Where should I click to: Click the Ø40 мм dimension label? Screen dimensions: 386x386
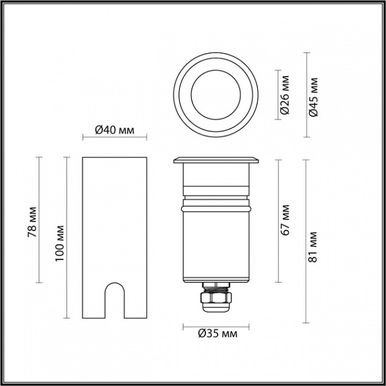point(114,130)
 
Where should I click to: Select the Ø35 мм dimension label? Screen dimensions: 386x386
point(217,334)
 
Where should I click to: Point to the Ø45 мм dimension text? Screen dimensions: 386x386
point(314,95)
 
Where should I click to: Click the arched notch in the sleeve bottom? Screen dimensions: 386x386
point(115,302)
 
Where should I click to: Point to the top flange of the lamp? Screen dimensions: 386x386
point(216,162)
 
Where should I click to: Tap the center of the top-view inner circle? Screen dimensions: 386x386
point(215,94)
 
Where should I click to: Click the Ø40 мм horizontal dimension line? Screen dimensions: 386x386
point(114,137)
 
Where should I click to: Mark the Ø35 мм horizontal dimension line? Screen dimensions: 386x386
point(215,326)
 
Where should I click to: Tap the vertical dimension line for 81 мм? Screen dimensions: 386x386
point(305,241)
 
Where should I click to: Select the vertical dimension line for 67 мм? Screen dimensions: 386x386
point(278,220)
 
